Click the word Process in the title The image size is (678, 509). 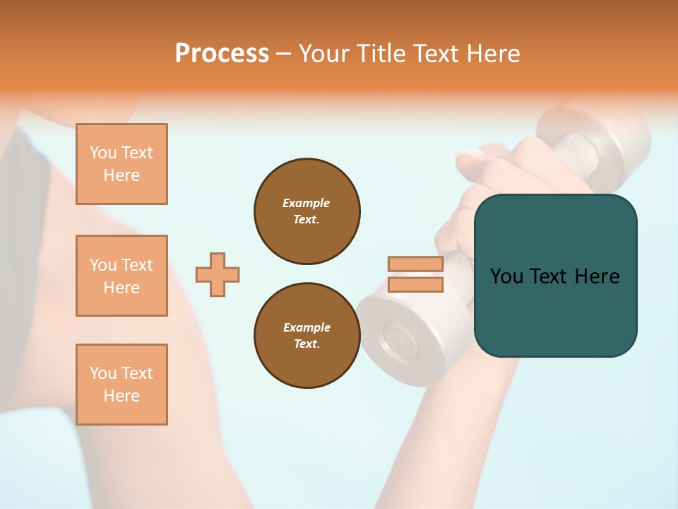click(x=222, y=54)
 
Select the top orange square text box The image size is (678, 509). click(x=121, y=164)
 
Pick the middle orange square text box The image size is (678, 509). click(x=121, y=276)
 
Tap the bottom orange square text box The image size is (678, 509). click(x=121, y=385)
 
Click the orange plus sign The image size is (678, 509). click(x=218, y=274)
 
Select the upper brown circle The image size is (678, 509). click(x=307, y=211)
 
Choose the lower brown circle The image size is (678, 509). click(x=307, y=335)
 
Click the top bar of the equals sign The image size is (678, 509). click(x=415, y=264)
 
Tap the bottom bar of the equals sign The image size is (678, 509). click(x=415, y=285)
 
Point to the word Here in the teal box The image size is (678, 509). click(x=597, y=276)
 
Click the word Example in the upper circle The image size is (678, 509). click(x=307, y=203)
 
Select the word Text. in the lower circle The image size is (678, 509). click(x=307, y=344)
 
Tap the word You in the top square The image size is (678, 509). click(x=103, y=153)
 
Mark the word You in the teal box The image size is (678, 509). click(x=506, y=276)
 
